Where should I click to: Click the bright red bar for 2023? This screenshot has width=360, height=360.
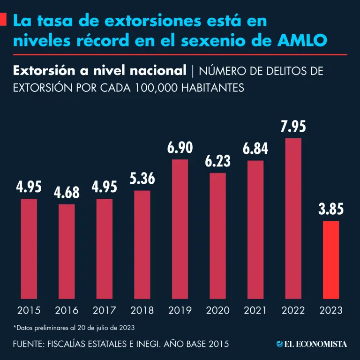tap(331, 260)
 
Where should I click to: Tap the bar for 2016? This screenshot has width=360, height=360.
tap(67, 251)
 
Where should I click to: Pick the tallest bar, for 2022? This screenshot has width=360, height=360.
tap(293, 218)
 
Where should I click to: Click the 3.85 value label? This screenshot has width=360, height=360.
tap(331, 210)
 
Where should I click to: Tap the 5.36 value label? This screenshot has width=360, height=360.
tap(142, 179)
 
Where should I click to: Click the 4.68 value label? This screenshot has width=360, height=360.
tap(67, 192)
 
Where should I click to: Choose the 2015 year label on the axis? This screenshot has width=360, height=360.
tap(29, 310)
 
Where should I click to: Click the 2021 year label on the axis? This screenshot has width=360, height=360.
tap(255, 310)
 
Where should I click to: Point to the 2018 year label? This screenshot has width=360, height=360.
tap(142, 310)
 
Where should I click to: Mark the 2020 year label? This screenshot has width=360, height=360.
tap(217, 310)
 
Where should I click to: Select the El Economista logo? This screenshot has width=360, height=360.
tap(312, 344)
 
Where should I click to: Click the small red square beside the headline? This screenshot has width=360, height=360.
tap(3, 20)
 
